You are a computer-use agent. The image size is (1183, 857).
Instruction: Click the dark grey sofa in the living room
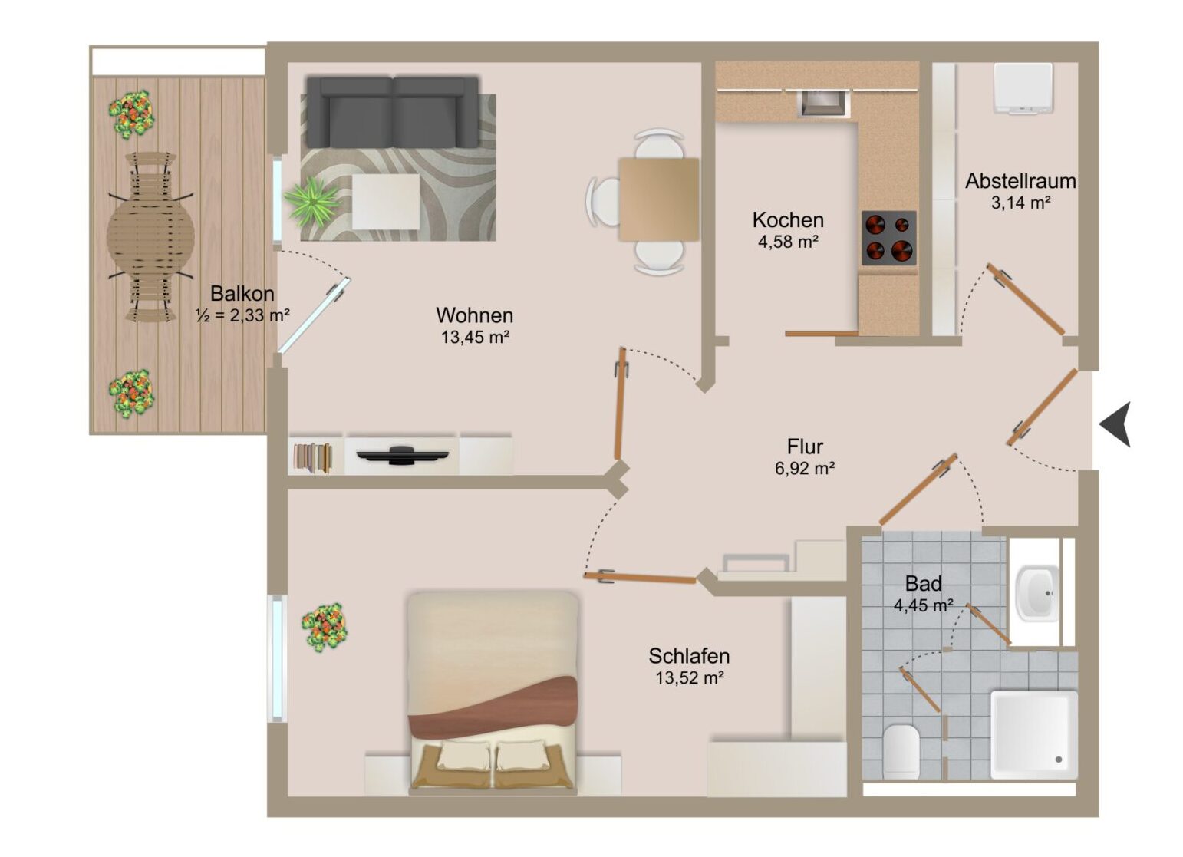[393, 112]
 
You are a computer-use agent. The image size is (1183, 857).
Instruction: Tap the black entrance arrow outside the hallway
[1115, 424]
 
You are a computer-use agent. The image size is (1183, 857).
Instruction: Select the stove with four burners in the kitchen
[889, 238]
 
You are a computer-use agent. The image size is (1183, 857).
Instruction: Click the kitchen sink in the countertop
[823, 103]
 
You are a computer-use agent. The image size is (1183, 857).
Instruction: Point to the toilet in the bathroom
[901, 750]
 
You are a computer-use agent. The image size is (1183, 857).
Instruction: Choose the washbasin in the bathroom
[1038, 593]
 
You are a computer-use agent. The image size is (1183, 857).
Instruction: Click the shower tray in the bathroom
[1033, 735]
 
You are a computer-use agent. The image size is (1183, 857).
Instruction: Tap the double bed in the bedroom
[493, 692]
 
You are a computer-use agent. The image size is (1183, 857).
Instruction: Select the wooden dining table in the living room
[658, 199]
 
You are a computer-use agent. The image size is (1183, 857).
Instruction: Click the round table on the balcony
[150, 236]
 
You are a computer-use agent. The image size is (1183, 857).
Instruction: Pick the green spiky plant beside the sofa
[311, 201]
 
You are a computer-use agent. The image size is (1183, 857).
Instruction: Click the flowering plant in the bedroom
[325, 628]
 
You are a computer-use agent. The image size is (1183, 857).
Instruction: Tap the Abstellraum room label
[1020, 181]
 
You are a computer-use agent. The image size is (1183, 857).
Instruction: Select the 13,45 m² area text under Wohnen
[476, 337]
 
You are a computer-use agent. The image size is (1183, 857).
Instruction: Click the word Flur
[805, 447]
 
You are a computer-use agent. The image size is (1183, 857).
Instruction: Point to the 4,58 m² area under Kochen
[788, 242]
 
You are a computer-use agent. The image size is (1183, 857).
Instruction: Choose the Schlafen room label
[689, 656]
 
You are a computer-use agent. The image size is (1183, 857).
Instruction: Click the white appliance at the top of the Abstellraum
[1023, 88]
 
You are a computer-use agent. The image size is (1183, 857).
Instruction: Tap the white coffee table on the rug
[386, 202]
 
